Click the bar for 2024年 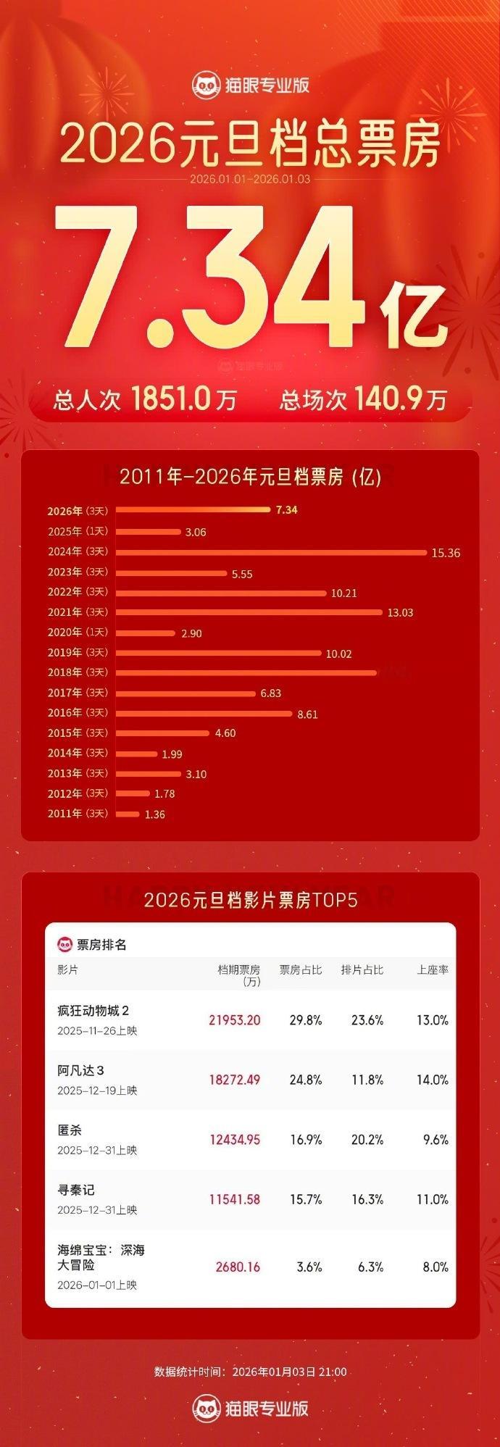[271, 552]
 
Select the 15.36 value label [446, 553]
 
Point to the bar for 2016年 [204, 713]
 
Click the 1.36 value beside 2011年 [155, 814]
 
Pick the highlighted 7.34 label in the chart [286, 509]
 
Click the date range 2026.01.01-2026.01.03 [250, 178]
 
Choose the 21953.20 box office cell [234, 1019]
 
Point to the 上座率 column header [433, 969]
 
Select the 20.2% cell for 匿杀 [367, 1139]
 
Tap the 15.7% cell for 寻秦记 [305, 1199]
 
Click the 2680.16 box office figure [238, 1267]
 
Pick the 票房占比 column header [301, 969]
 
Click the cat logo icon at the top [206, 86]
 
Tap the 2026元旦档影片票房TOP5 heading [250, 900]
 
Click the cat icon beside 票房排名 [66, 944]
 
